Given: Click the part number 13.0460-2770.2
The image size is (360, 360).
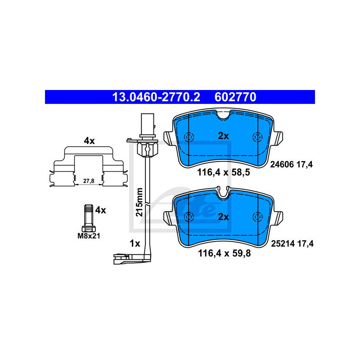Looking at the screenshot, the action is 156,97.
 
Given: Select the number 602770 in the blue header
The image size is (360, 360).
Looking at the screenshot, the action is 235,97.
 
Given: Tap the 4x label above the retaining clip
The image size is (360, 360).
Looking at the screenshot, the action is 89,141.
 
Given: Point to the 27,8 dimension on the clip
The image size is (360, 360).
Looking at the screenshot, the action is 89,181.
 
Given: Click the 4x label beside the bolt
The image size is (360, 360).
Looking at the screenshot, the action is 100,210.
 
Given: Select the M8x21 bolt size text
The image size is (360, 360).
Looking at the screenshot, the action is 89,236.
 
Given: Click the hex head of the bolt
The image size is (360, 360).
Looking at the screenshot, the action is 89,229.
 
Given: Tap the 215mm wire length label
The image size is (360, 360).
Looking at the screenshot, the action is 139,202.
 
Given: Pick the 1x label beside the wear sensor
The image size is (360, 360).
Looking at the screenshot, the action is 135,243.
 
